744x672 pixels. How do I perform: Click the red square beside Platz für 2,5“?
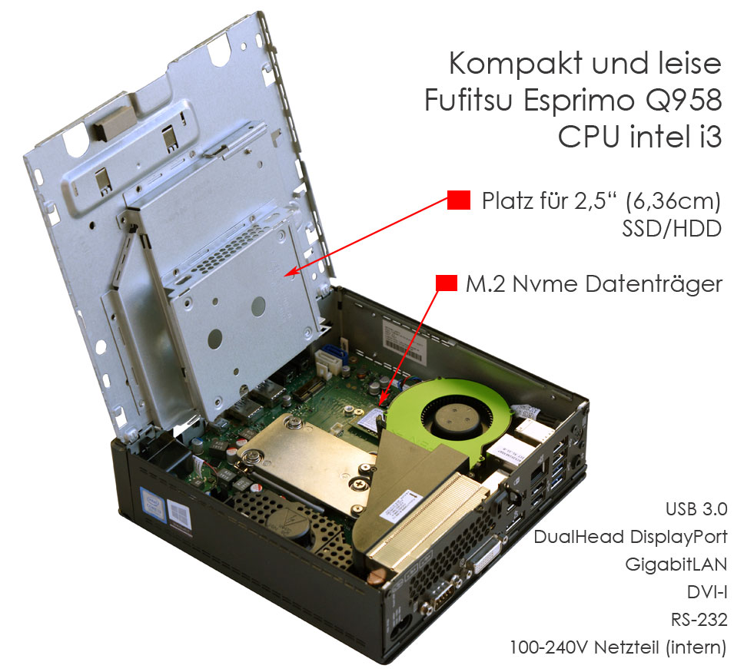pyautogui.click(x=459, y=201)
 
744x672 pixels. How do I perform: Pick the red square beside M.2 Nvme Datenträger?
pyautogui.click(x=447, y=283)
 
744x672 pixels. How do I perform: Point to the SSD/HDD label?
pyautogui.click(x=671, y=229)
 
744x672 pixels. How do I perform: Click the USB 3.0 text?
pyautogui.click(x=695, y=510)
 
